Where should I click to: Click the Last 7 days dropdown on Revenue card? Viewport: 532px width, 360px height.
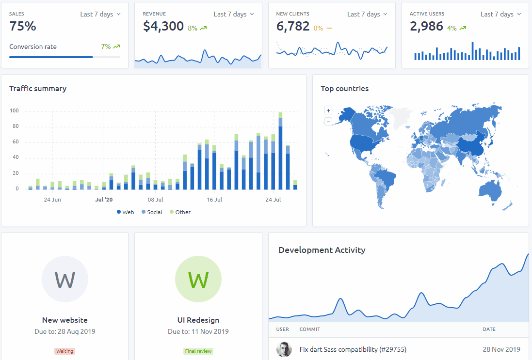click(x=234, y=14)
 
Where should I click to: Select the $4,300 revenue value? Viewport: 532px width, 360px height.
click(x=163, y=27)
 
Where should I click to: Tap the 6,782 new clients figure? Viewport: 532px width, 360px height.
click(x=293, y=27)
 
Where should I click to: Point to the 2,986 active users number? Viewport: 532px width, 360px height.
click(x=426, y=27)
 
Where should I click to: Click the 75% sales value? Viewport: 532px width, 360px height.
click(x=23, y=27)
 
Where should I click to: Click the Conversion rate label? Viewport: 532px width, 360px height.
click(x=33, y=47)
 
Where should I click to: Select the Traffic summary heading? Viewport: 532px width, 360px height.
click(x=38, y=89)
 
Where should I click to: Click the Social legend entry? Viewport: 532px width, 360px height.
click(x=152, y=212)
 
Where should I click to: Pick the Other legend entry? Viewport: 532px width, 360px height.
click(x=180, y=212)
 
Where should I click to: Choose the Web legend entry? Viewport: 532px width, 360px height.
click(x=125, y=212)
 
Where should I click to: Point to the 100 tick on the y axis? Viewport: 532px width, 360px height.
click(x=14, y=110)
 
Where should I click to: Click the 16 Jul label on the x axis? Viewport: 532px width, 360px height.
click(x=214, y=200)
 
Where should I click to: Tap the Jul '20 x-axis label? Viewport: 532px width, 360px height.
click(x=104, y=200)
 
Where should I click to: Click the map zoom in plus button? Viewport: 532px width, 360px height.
click(x=328, y=110)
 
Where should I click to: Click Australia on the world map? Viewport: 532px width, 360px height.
click(x=490, y=191)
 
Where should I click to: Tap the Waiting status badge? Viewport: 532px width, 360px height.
click(x=65, y=351)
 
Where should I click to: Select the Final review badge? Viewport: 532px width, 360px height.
click(x=198, y=351)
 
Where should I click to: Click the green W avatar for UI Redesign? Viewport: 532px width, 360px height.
click(x=198, y=279)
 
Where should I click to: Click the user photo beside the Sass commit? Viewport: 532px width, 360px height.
click(x=284, y=349)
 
